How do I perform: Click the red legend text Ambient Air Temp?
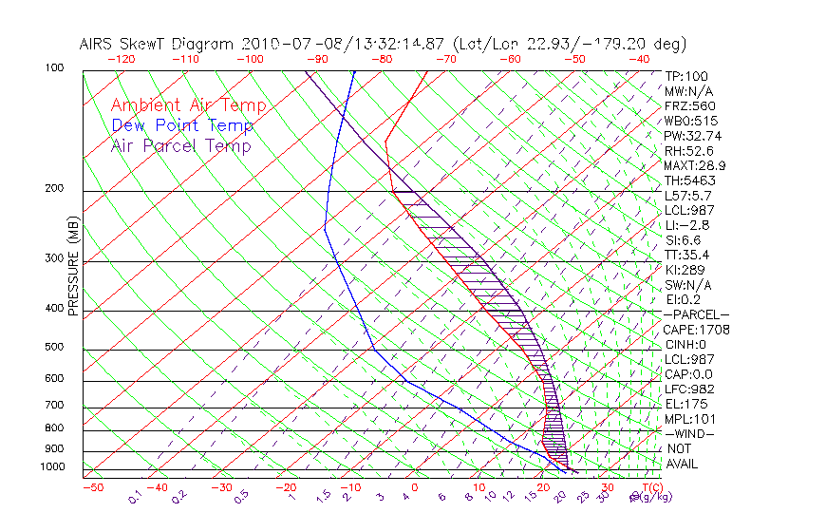click(188, 105)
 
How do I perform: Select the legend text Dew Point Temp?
click(182, 125)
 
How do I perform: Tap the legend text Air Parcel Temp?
click(180, 145)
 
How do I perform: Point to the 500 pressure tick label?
click(55, 348)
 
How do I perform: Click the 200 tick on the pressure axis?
click(55, 189)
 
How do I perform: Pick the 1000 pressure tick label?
click(52, 467)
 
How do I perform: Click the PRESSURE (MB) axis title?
click(74, 269)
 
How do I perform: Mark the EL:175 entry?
click(686, 404)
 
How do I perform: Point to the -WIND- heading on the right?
click(689, 433)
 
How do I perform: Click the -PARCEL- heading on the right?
click(696, 314)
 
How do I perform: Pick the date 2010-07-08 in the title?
click(282, 44)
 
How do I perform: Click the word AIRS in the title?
click(99, 44)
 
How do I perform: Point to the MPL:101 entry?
click(689, 419)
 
